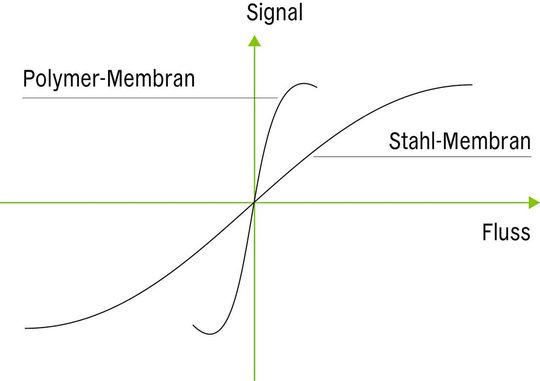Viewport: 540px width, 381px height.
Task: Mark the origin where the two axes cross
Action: click(255, 203)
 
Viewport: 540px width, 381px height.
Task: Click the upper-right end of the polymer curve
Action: click(317, 87)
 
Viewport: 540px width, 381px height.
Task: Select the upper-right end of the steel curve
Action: click(472, 84)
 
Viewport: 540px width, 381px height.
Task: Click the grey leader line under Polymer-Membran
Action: click(150, 97)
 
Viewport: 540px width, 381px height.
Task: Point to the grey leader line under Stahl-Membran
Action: click(420, 157)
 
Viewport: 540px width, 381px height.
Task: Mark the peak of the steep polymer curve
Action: click(303, 82)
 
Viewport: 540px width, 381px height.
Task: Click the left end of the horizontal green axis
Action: click(2, 203)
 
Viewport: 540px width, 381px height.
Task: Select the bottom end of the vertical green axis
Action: click(255, 378)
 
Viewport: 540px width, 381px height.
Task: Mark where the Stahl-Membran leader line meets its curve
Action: click(314, 157)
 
